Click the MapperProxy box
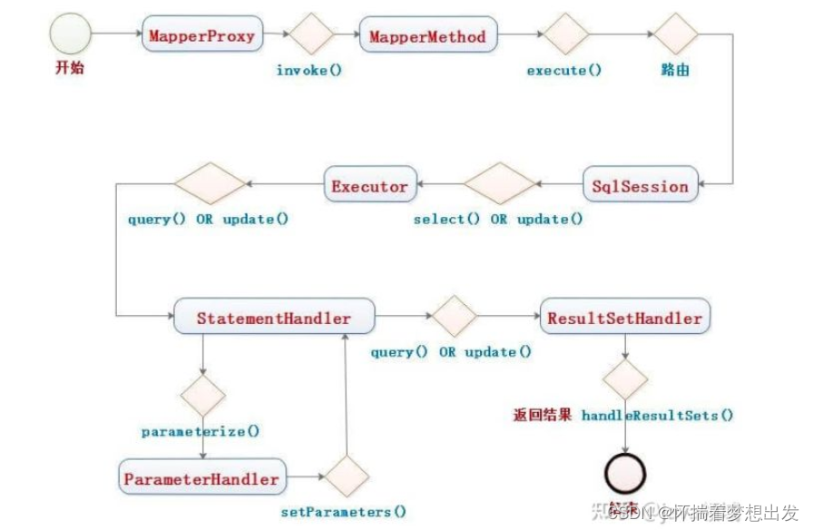pyautogui.click(x=202, y=37)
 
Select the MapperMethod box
pyautogui.click(x=427, y=37)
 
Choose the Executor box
pyautogui.click(x=369, y=186)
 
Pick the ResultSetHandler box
pyautogui.click(x=624, y=319)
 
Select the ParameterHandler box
pyautogui.click(x=201, y=477)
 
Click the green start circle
pyautogui.click(x=72, y=36)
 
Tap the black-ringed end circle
pyautogui.click(x=625, y=473)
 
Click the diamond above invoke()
pyautogui.click(x=309, y=37)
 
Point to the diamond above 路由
pyautogui.click(x=676, y=37)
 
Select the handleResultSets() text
pyautogui.click(x=657, y=416)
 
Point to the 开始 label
pyautogui.click(x=68, y=68)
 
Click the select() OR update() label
pyautogui.click(x=498, y=220)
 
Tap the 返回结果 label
pyautogui.click(x=543, y=416)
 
